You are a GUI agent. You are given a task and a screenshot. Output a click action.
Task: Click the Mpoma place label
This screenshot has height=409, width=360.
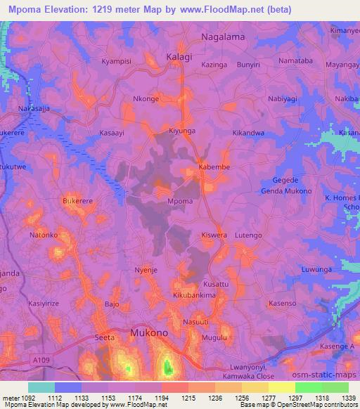tap(181, 201)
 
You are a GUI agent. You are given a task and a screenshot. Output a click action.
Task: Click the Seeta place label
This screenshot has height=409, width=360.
tap(105, 338)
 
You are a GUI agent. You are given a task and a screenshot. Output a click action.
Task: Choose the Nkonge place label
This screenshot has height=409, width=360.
tap(146, 99)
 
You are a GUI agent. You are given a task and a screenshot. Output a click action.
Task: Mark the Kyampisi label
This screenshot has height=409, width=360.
tap(117, 61)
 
